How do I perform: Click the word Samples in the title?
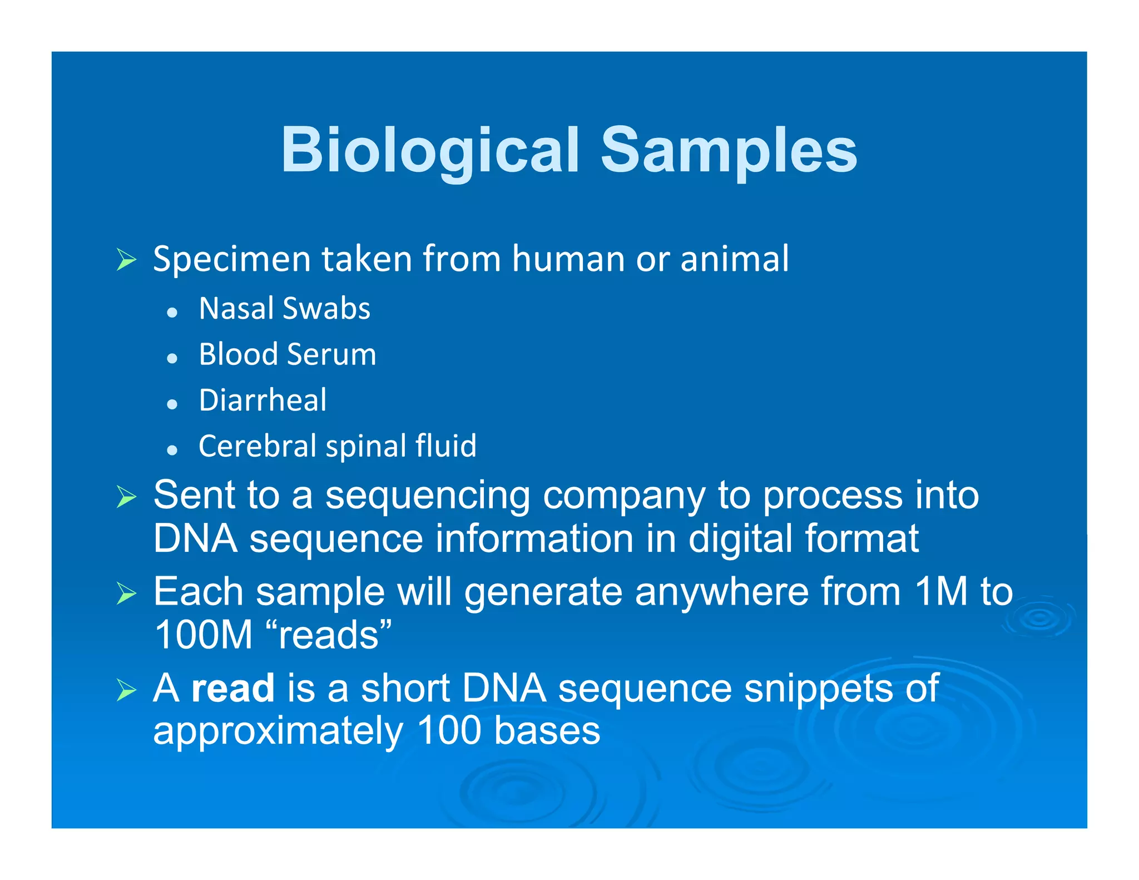click(729, 150)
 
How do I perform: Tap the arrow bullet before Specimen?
click(126, 260)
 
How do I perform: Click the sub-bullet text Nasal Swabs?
click(284, 309)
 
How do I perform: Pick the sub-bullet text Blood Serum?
click(288, 354)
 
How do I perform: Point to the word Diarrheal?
click(263, 401)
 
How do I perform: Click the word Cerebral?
click(257, 446)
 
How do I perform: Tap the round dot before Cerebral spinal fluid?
click(172, 449)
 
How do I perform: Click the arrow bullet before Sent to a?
click(126, 496)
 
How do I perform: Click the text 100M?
click(204, 635)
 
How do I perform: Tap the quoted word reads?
click(329, 635)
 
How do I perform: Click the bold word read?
click(232, 688)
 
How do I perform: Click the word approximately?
click(278, 731)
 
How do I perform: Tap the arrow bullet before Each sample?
click(126, 594)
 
